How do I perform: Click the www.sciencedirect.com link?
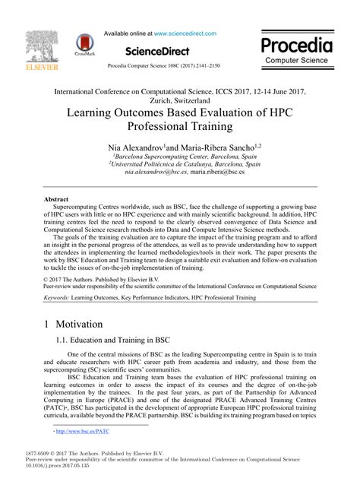tap(186, 34)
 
